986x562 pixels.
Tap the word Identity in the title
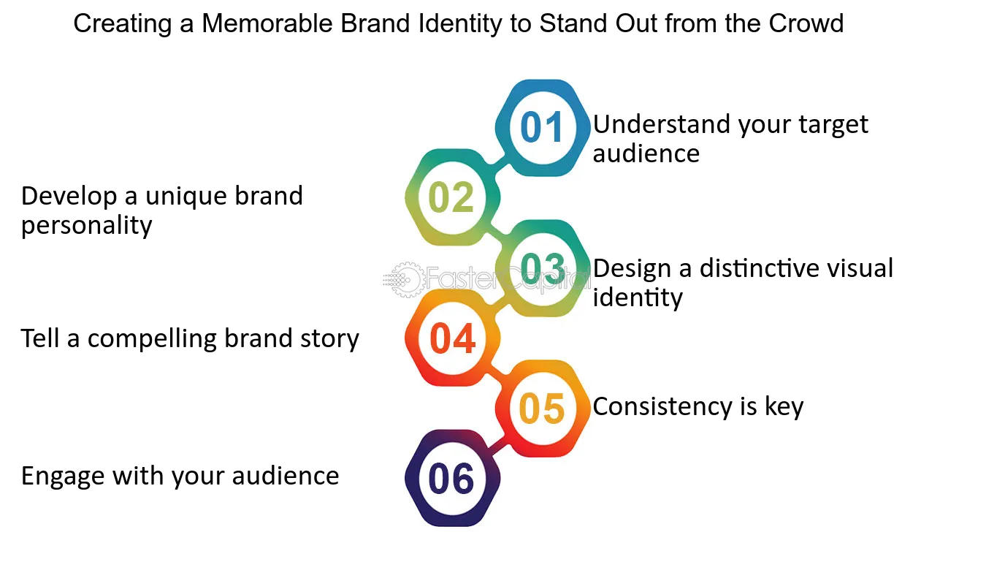tap(460, 25)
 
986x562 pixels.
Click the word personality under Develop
tap(87, 227)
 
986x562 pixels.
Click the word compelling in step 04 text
tap(153, 340)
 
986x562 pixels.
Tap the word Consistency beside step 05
tap(662, 406)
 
